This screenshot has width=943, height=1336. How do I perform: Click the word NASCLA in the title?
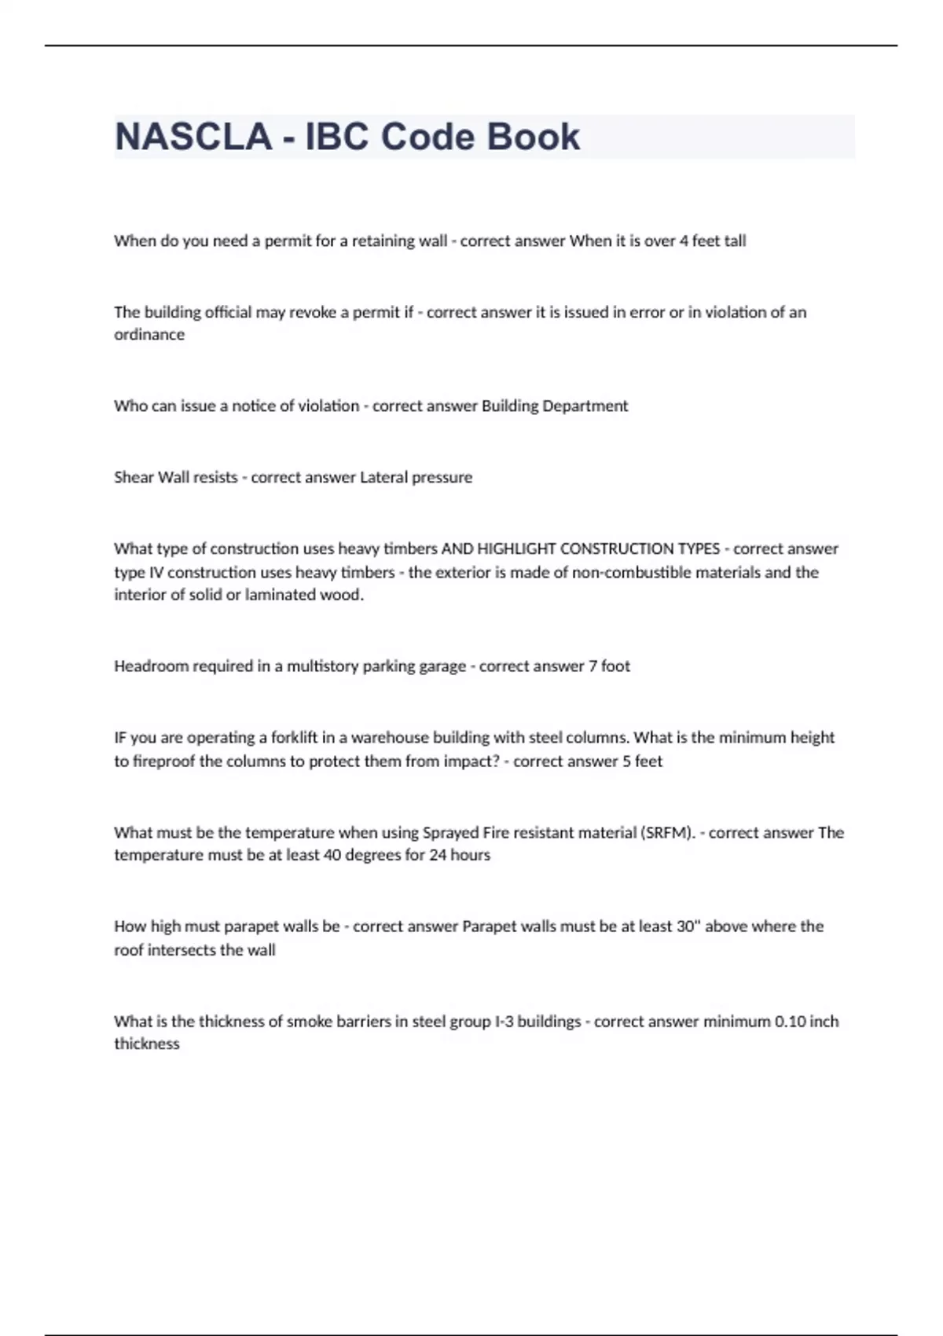click(x=193, y=137)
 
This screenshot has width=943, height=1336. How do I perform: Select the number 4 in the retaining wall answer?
click(x=684, y=241)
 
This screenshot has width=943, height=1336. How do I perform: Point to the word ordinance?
click(x=149, y=335)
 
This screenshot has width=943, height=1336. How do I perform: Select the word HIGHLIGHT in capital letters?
click(x=516, y=549)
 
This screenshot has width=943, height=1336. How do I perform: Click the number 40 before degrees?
click(x=332, y=855)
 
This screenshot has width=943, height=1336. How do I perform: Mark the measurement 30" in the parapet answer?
click(x=688, y=927)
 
